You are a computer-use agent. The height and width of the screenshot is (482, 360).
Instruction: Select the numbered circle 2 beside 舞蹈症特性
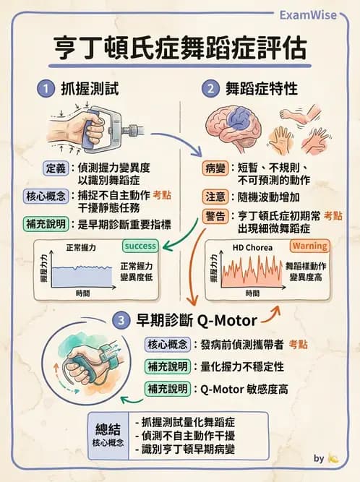click(x=210, y=89)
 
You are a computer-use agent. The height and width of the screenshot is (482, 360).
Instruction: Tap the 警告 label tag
click(x=216, y=215)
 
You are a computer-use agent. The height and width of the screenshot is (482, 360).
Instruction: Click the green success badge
click(x=140, y=246)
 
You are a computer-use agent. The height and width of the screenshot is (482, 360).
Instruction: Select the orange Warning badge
click(x=309, y=246)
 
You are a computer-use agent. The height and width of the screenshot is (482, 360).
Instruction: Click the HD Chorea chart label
click(x=248, y=247)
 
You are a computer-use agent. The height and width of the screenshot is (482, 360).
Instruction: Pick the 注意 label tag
click(x=216, y=196)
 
